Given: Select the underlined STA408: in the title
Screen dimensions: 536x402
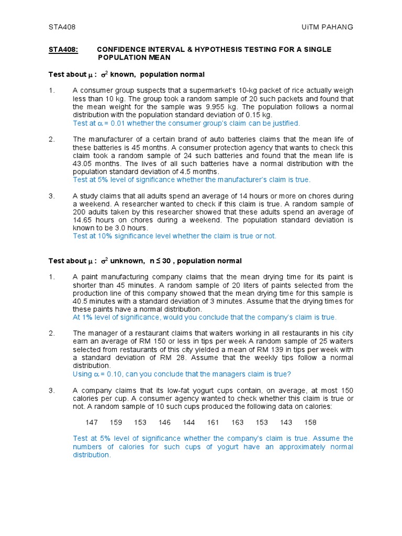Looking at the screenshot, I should tap(63, 49).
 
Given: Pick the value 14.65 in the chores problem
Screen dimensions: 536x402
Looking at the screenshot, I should tap(86, 220).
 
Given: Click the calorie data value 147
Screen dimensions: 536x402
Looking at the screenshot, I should tap(92, 422).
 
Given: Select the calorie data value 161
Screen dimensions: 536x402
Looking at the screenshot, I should tap(213, 422).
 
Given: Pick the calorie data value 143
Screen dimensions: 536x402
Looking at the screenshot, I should tap(286, 422).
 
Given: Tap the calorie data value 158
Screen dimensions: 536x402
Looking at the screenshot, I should tap(310, 422).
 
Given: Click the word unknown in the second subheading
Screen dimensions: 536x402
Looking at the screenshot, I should tap(127, 261).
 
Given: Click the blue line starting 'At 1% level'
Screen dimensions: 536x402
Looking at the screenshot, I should tap(205, 317).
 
